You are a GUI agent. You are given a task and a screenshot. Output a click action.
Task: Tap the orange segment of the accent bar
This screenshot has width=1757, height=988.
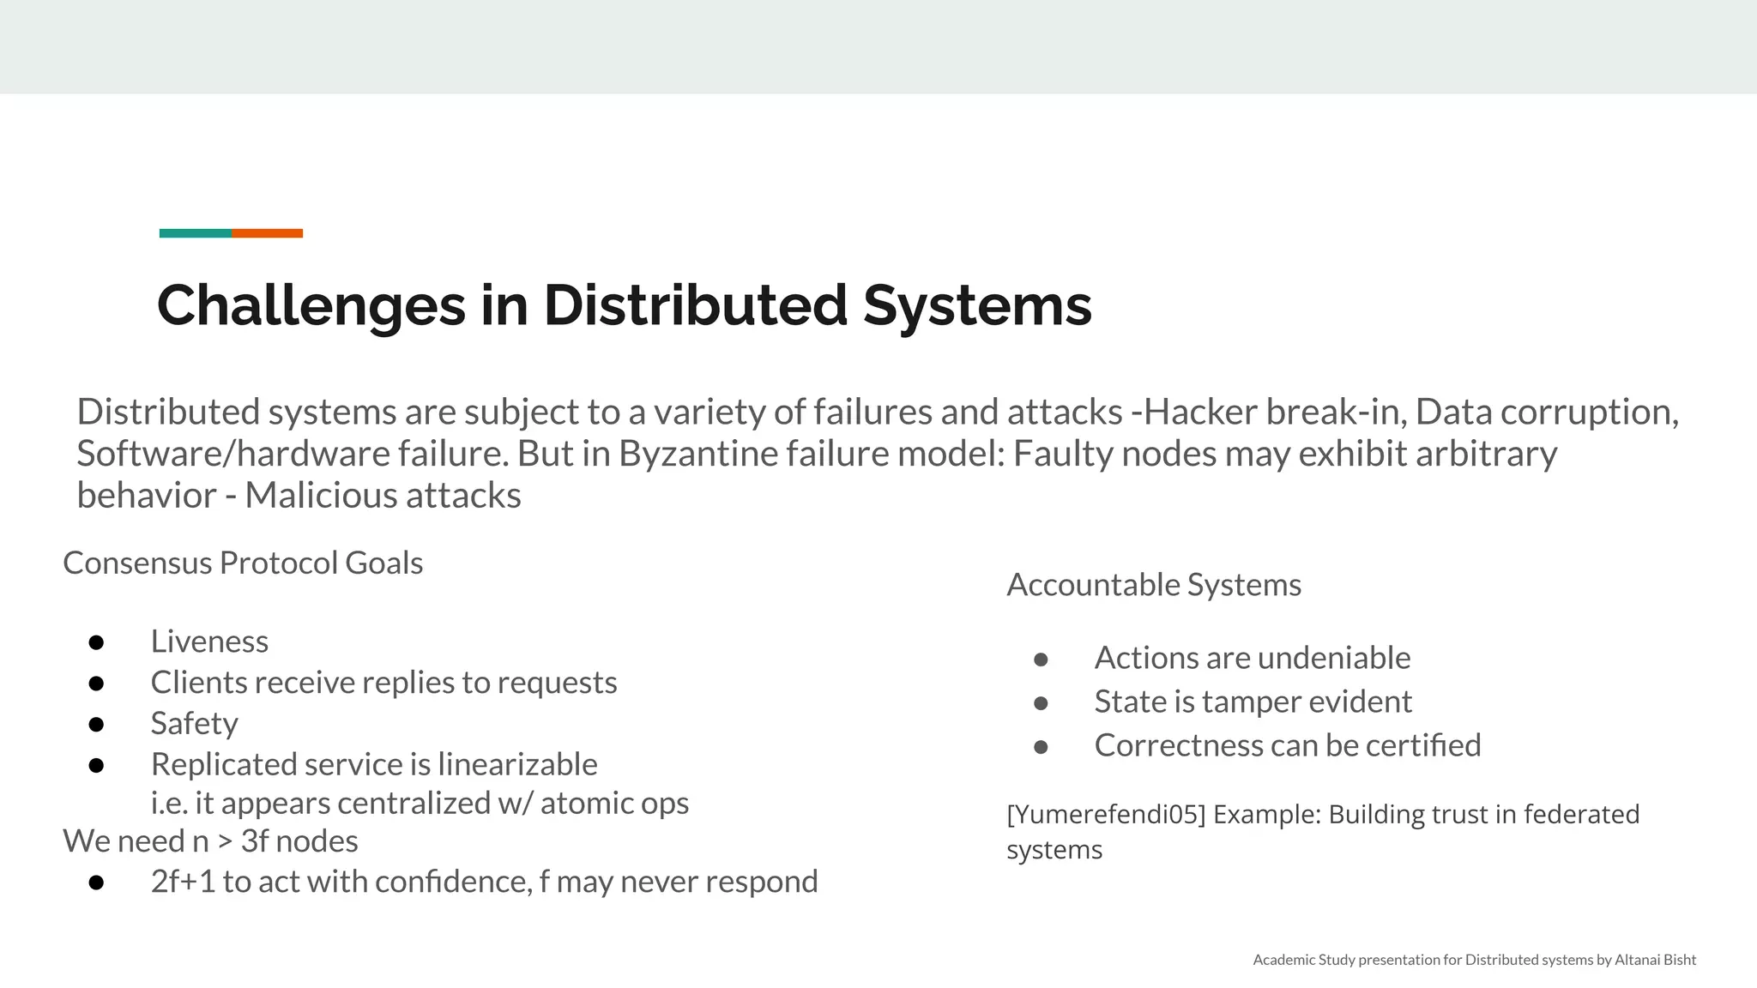(267, 233)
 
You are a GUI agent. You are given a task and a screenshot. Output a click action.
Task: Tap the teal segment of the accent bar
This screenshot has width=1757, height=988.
(196, 233)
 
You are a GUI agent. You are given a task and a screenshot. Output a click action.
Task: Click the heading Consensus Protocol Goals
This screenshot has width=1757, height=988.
(243, 563)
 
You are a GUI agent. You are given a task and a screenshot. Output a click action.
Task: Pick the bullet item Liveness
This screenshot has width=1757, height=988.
(209, 642)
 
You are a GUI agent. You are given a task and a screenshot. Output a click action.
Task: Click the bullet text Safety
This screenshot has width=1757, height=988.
(194, 723)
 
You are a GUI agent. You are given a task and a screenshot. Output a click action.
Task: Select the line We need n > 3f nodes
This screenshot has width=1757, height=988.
(210, 841)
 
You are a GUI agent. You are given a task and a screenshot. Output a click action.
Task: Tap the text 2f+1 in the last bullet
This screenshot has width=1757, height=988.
(183, 882)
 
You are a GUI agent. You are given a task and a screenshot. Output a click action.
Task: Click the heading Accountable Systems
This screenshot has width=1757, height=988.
(1154, 585)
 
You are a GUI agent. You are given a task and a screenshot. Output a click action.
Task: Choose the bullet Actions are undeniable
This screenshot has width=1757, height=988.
(1252, 658)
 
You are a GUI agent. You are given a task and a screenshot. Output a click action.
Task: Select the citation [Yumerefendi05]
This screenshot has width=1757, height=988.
(1106, 814)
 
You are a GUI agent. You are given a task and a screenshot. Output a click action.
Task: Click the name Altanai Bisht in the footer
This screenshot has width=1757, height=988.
(1655, 960)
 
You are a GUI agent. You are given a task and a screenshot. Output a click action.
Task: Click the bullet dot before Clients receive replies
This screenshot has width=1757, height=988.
(96, 684)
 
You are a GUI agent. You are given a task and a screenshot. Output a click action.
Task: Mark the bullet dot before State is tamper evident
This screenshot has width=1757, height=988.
(1041, 703)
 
